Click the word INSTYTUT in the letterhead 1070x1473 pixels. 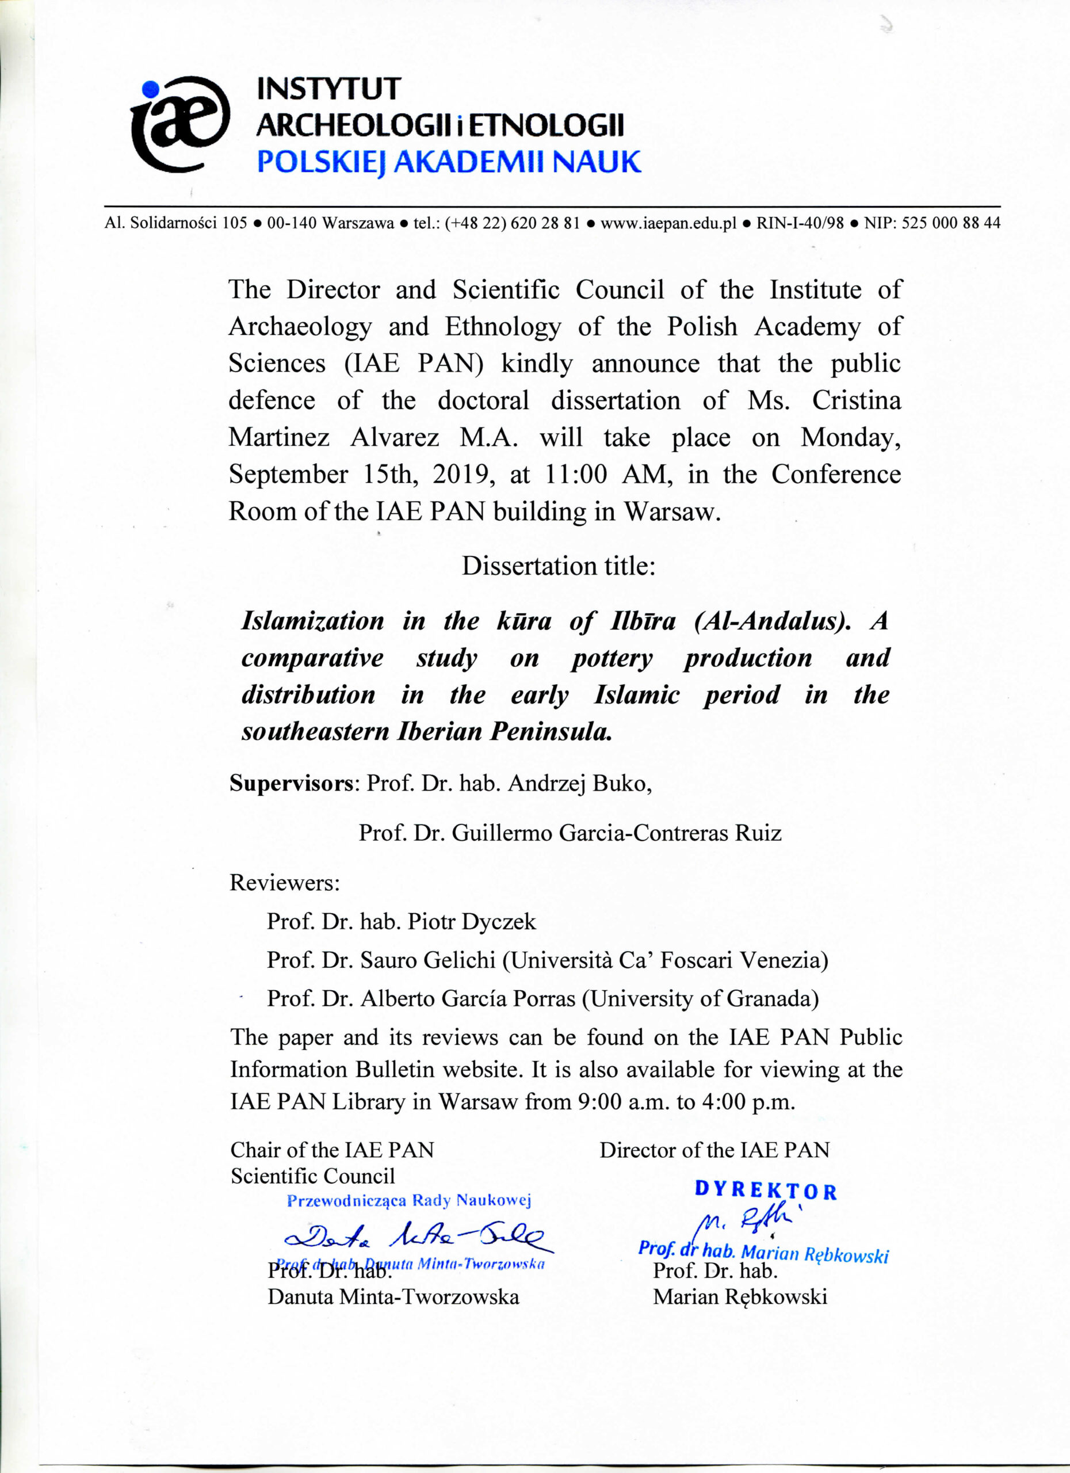pyautogui.click(x=329, y=89)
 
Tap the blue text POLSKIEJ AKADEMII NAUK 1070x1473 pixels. pyautogui.click(x=449, y=162)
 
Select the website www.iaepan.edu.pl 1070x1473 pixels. pyautogui.click(x=668, y=223)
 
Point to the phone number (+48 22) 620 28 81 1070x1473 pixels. pyautogui.click(x=512, y=223)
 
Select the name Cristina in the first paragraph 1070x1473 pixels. pyautogui.click(x=857, y=400)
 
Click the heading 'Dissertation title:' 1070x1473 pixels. pyautogui.click(x=559, y=566)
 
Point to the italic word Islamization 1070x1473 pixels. pyautogui.click(x=312, y=621)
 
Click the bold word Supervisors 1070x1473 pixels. pyautogui.click(x=291, y=783)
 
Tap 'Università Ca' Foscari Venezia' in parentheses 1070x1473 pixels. pyautogui.click(x=666, y=960)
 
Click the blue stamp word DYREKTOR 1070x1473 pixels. pyautogui.click(x=766, y=1190)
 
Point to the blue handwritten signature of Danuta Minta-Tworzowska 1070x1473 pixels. pyautogui.click(x=415, y=1239)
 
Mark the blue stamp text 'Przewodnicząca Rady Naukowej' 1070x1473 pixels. pyautogui.click(x=409, y=1200)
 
